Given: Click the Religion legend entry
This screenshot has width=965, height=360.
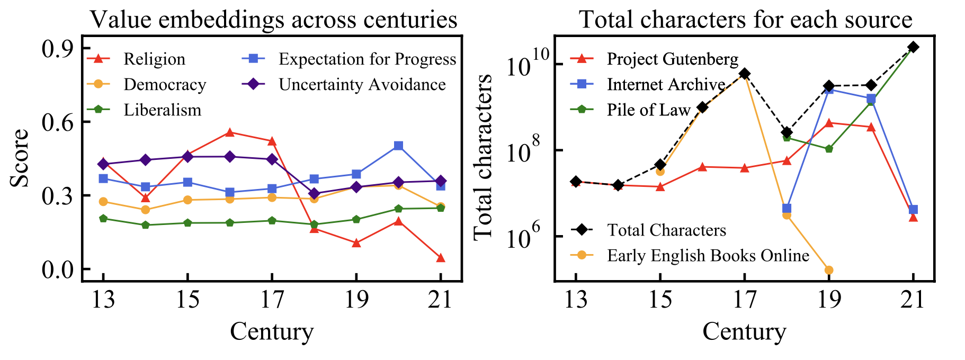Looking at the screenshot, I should (x=154, y=59).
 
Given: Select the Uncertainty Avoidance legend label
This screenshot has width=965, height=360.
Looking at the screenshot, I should (x=362, y=85).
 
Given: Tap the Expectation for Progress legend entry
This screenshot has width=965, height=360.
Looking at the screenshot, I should (x=367, y=59).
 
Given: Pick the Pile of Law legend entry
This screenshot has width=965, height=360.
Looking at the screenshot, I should (x=648, y=110).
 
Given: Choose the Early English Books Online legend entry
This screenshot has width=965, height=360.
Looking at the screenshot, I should (x=708, y=256).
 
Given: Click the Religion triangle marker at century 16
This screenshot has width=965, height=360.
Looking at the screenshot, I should (x=229, y=132).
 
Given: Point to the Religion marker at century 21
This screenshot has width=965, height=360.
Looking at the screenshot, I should (x=441, y=258).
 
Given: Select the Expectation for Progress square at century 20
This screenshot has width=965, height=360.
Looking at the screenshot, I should (x=398, y=146).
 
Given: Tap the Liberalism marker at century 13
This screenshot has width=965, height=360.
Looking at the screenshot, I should (x=103, y=219).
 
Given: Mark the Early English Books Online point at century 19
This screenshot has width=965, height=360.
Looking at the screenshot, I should (x=829, y=270).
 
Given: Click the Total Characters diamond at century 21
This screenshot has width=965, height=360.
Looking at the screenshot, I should (x=913, y=47).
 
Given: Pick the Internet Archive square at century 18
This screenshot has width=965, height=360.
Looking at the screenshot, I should (x=787, y=209).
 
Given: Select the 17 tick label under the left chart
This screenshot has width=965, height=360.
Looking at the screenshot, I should (x=272, y=300).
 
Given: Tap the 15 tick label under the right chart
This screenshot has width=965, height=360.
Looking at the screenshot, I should (x=660, y=300).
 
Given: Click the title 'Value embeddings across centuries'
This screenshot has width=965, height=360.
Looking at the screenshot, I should (x=273, y=20).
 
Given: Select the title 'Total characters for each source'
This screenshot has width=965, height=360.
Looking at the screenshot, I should (x=746, y=20).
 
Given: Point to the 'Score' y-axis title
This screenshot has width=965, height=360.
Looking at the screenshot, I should (x=20, y=158).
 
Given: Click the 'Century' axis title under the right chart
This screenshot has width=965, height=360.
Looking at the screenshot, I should (x=744, y=332).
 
